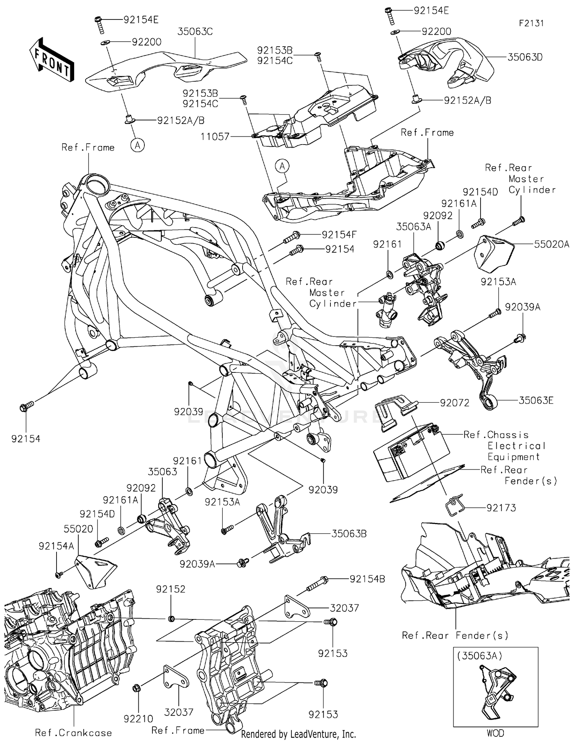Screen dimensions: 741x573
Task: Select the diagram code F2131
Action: [x=531, y=23]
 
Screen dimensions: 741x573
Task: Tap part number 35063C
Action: [x=195, y=31]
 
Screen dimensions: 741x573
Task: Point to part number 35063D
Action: [x=525, y=57]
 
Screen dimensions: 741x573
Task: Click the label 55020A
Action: [x=551, y=244]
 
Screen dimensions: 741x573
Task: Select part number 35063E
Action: [x=536, y=400]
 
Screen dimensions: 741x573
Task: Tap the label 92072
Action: [x=455, y=403]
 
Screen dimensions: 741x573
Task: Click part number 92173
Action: [x=501, y=508]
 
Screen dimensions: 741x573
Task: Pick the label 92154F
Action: [x=338, y=235]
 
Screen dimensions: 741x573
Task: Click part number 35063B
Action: [x=349, y=534]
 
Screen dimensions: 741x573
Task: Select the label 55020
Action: [x=78, y=529]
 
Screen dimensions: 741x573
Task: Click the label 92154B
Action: [x=367, y=579]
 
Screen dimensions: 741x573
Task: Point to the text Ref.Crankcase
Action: [x=73, y=733]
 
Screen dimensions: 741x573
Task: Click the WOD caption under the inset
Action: [x=495, y=733]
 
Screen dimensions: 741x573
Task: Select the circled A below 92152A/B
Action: [x=138, y=145]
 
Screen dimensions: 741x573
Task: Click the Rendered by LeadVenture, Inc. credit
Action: [x=298, y=734]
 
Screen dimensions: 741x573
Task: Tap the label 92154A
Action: [x=56, y=546]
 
